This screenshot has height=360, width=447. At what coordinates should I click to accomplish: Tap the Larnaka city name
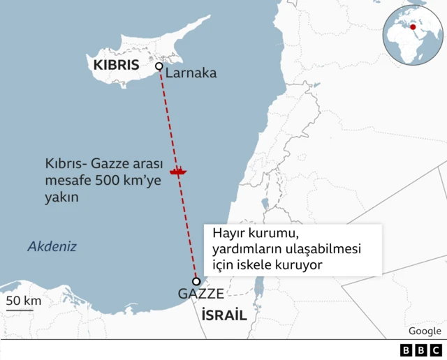coord(191,73)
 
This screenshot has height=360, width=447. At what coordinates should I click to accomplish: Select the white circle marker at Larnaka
coord(159,66)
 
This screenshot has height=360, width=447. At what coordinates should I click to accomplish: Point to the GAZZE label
coord(200,294)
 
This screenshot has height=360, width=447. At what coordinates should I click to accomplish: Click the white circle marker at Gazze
coord(196,281)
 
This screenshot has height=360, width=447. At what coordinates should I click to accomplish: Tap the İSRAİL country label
coord(224,315)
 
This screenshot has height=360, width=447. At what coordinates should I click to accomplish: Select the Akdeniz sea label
coord(52,246)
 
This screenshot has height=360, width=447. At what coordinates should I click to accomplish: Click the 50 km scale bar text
coord(24,301)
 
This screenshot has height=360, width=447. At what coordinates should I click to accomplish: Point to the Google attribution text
coord(425,331)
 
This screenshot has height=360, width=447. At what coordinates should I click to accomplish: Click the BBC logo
coord(421,350)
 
